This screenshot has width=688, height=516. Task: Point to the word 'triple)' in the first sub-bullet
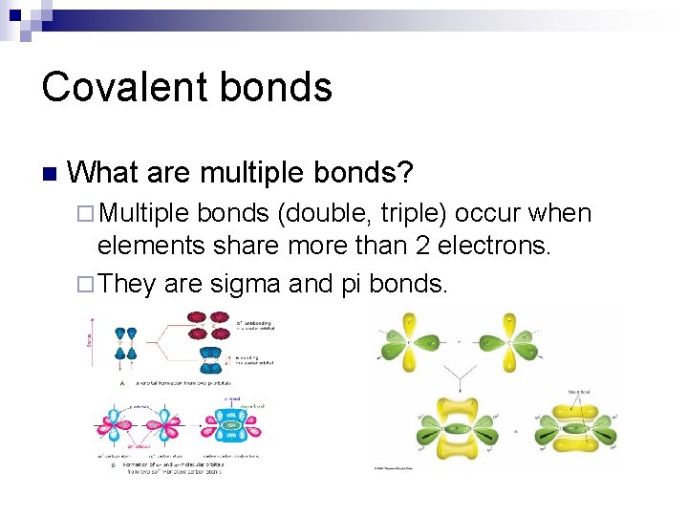pos(412,214)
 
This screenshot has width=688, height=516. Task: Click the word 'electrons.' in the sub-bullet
pos(496,247)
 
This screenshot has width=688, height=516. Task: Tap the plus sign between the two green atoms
pos(458,340)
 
